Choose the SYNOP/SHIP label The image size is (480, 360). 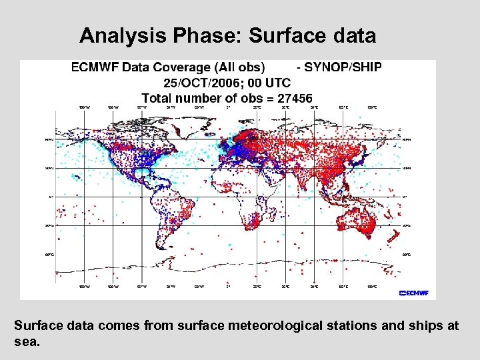tap(343, 67)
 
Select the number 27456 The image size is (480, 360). tap(290, 98)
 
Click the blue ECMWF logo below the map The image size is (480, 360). tap(413, 293)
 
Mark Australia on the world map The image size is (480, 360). tap(353, 221)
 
